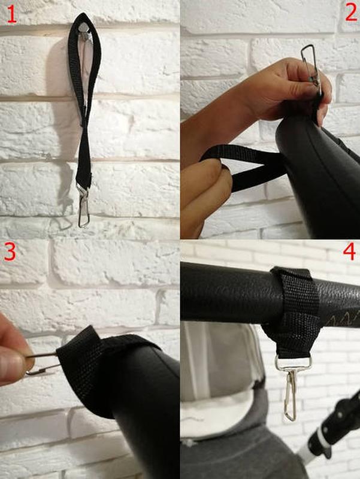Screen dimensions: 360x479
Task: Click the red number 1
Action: tap(11, 14)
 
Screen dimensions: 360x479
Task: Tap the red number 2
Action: tap(351, 13)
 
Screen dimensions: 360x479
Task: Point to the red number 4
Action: tap(349, 251)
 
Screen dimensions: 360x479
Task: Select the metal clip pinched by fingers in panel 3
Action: tap(42, 363)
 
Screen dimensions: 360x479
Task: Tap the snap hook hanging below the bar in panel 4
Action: tap(291, 394)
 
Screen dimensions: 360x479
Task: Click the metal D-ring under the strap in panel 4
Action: tap(293, 362)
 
